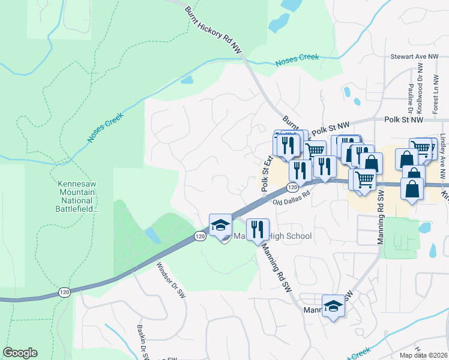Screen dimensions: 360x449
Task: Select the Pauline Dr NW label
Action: tap(409, 92)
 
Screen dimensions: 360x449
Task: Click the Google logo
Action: tap(20, 353)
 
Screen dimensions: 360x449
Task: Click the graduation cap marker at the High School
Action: tap(220, 226)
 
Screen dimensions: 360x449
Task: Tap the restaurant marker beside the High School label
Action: tap(258, 229)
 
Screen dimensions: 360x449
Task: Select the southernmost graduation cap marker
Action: tap(334, 307)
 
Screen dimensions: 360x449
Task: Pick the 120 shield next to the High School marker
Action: tap(200, 237)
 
